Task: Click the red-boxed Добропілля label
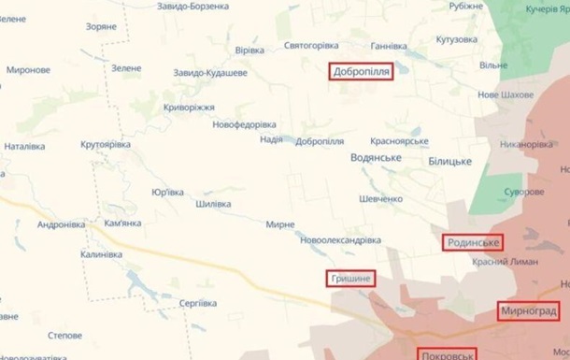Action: coord(360,71)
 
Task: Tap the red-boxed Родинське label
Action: coord(472,243)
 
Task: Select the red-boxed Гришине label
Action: coord(349,279)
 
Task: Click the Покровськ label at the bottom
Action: coord(448,354)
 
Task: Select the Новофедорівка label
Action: coord(244,124)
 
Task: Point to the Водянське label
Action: coord(378,158)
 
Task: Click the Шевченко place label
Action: coord(381,198)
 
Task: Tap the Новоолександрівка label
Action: coord(340,240)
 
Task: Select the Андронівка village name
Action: coord(62,224)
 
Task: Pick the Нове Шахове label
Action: coord(506,95)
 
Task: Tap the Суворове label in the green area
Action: coord(523,192)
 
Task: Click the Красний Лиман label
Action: coord(505,262)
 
